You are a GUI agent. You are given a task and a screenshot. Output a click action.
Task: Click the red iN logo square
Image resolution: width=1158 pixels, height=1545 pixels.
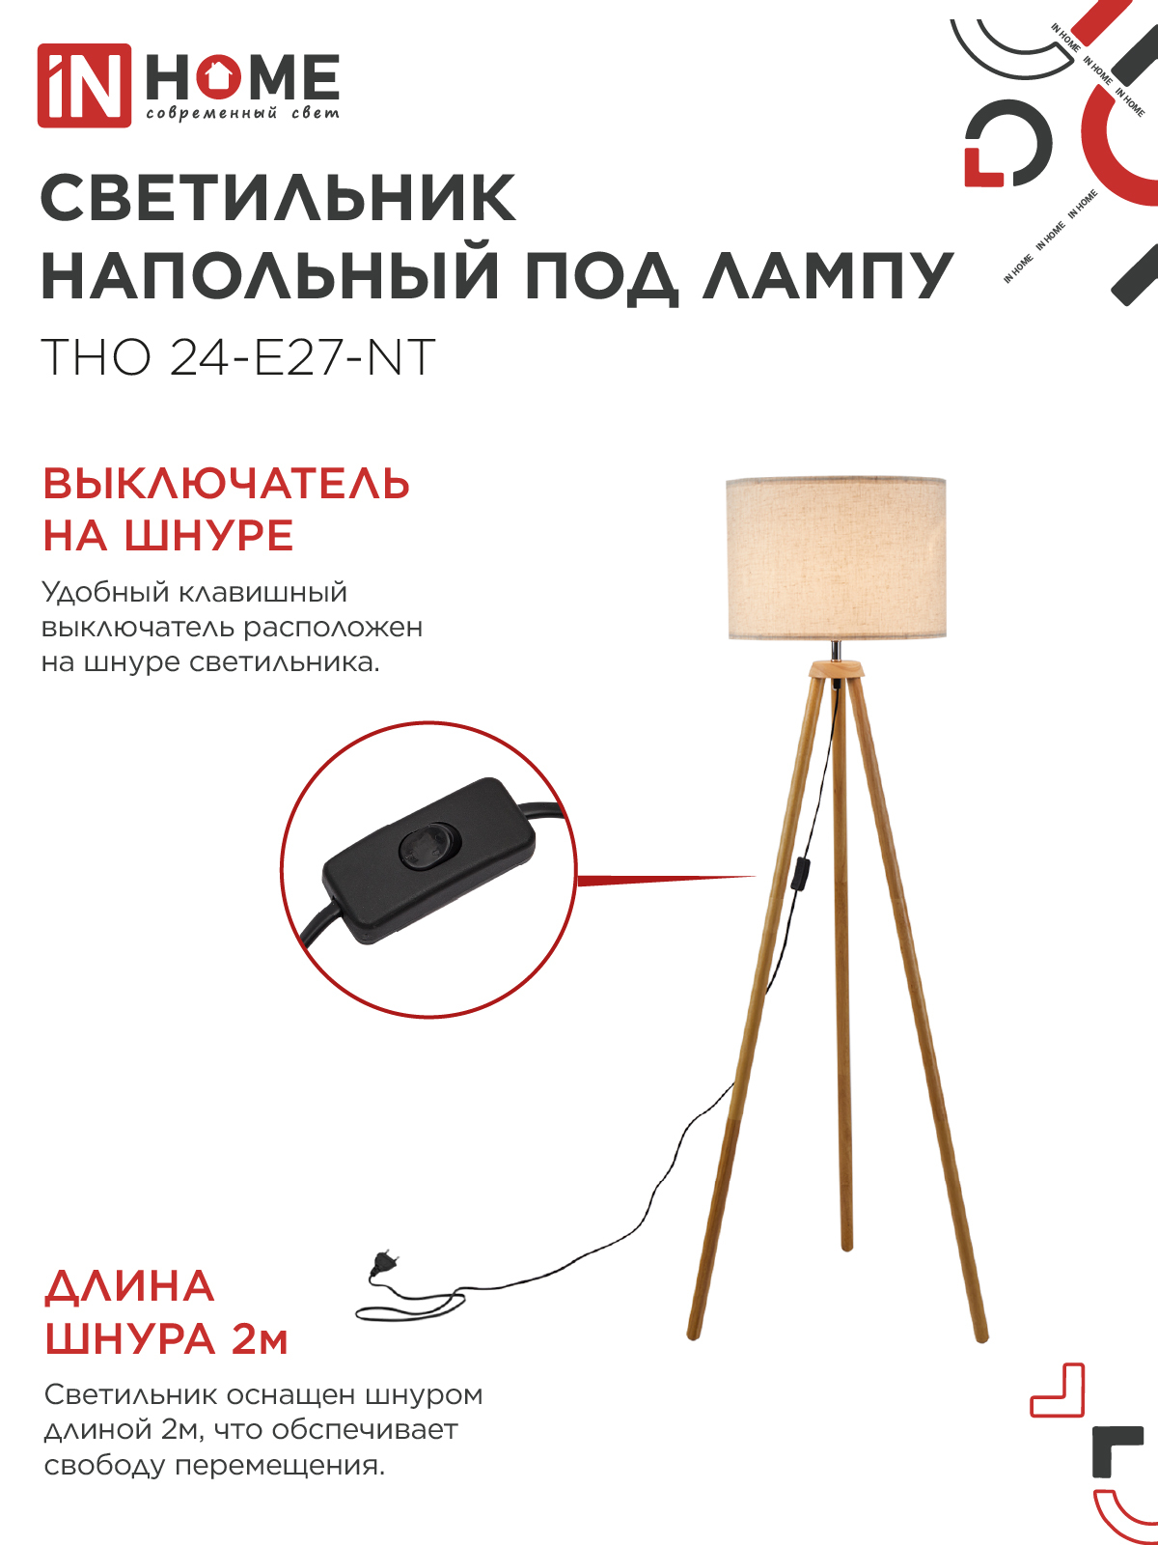pyautogui.click(x=84, y=86)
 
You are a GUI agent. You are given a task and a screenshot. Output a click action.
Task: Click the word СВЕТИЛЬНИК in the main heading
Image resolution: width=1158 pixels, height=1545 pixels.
pyautogui.click(x=279, y=199)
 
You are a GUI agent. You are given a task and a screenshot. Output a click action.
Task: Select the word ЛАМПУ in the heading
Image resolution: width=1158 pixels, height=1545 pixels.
pyautogui.click(x=827, y=276)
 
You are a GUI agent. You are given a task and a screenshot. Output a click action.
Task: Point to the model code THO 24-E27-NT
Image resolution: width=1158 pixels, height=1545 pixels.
pyautogui.click(x=238, y=357)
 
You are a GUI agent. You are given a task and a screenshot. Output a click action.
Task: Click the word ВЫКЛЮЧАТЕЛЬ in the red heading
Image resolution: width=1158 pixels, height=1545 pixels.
pyautogui.click(x=226, y=485)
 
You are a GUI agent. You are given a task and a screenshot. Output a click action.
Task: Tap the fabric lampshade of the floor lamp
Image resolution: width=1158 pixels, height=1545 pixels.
pyautogui.click(x=836, y=558)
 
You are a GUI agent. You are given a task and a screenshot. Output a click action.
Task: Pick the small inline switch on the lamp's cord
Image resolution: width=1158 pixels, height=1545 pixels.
pyautogui.click(x=801, y=875)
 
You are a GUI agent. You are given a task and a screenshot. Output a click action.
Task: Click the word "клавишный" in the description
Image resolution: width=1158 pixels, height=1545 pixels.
pyautogui.click(x=263, y=593)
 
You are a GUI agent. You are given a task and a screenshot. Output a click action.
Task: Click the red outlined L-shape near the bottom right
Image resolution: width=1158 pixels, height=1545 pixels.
pyautogui.click(x=1057, y=1390)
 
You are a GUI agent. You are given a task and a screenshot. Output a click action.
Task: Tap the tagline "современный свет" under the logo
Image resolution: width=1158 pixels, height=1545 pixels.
pyautogui.click(x=242, y=113)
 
